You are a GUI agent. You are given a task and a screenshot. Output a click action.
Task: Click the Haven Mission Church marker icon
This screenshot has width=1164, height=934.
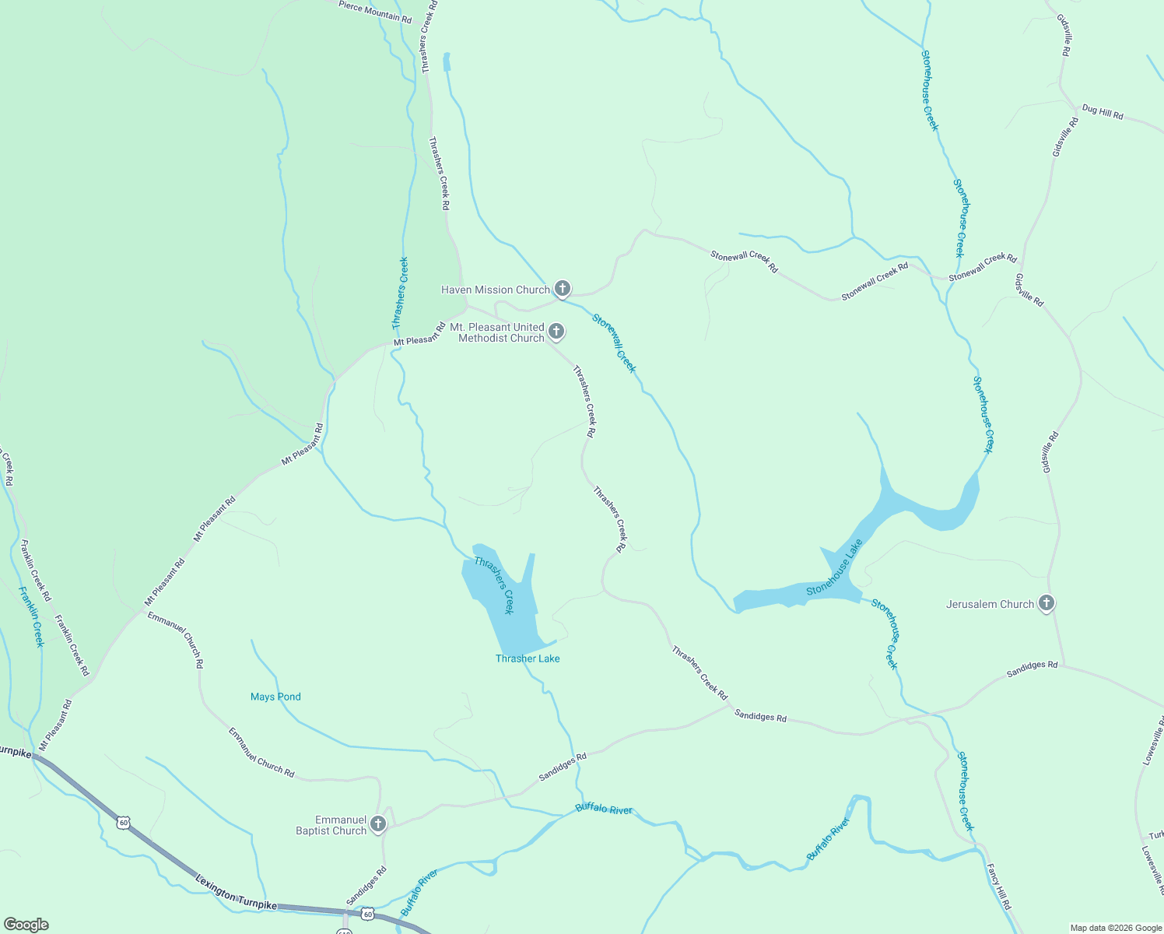point(562,289)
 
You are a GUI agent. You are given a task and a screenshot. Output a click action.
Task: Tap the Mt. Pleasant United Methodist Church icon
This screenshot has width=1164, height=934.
point(556,332)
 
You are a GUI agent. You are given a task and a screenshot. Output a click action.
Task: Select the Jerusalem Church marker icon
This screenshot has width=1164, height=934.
point(1047,603)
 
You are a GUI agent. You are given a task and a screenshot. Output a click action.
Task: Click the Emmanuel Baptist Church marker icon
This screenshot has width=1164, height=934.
point(378,823)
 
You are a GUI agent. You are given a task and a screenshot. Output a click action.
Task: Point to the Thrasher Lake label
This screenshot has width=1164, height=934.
point(528,658)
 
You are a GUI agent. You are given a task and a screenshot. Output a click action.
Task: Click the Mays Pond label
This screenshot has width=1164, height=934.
point(275,697)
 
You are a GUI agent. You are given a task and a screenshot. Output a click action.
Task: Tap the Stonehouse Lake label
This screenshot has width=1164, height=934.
point(835,568)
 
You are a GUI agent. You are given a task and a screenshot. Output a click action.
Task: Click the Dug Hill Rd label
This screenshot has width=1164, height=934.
point(1103,113)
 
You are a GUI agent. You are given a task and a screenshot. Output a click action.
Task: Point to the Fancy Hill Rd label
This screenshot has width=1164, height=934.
point(998,887)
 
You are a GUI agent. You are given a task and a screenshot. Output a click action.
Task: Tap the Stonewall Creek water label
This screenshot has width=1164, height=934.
point(614,343)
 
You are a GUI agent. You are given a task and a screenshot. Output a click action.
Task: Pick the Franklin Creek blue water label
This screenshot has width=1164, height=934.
point(32,616)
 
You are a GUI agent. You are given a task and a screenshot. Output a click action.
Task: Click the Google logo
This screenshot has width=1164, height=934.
point(26,925)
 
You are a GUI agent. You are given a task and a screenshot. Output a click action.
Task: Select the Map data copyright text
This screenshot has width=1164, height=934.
point(1115,928)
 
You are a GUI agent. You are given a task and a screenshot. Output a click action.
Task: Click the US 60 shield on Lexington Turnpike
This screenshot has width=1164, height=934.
point(123,822)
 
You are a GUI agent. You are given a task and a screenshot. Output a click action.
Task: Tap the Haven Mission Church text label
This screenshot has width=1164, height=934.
point(495,290)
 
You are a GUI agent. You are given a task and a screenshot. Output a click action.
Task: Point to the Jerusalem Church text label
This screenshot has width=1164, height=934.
point(990,604)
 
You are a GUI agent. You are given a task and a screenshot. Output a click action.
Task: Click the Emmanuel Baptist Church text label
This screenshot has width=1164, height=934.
point(331,825)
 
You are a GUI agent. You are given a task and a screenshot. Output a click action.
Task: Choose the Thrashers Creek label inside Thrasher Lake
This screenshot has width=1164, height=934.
point(495,585)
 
